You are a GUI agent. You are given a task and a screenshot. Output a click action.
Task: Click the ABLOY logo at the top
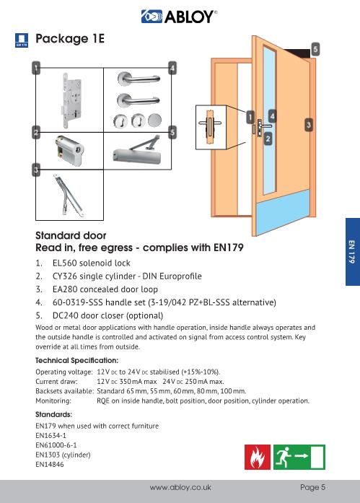[180, 14]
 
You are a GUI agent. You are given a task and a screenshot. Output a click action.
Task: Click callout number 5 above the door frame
[315, 48]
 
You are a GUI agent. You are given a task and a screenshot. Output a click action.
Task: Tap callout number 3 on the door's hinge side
[309, 125]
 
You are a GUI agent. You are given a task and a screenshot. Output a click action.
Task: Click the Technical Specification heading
[76, 359]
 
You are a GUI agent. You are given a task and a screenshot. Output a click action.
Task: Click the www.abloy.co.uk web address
[179, 488]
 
